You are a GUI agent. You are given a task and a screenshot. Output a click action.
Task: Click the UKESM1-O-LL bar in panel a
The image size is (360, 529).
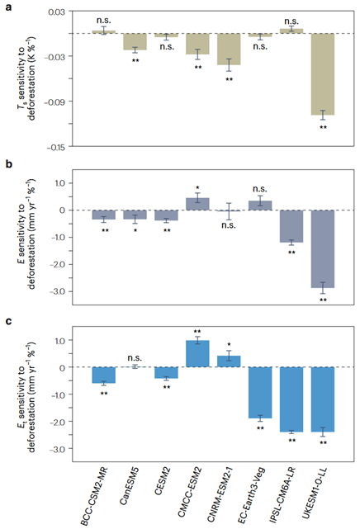(x=323, y=74)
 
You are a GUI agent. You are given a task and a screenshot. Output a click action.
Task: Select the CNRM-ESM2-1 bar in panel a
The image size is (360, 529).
(x=229, y=49)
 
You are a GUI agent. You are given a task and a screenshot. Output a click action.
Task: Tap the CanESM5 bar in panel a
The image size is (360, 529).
(x=135, y=41)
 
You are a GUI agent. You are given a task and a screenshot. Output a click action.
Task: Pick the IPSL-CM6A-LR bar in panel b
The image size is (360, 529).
(x=291, y=226)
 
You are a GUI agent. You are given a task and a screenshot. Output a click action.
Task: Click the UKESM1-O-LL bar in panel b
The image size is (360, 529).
(x=323, y=249)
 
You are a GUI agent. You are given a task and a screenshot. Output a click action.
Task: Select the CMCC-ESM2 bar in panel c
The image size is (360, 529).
(x=197, y=353)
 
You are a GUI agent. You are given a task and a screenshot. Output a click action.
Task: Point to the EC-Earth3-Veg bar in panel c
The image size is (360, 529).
(x=260, y=393)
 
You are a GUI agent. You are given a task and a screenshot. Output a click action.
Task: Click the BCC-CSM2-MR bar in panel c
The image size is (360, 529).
(x=104, y=375)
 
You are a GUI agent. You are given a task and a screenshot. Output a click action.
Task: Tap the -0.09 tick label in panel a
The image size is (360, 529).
(x=55, y=102)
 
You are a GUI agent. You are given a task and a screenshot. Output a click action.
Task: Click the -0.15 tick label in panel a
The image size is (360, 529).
(x=57, y=147)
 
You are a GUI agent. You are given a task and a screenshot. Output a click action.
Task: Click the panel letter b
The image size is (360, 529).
(x=9, y=164)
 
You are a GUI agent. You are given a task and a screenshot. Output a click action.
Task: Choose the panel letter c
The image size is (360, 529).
(x=9, y=321)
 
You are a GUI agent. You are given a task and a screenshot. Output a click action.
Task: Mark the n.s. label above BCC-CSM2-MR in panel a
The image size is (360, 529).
(x=103, y=21)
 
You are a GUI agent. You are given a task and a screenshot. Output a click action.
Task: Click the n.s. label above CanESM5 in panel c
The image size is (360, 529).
(x=135, y=358)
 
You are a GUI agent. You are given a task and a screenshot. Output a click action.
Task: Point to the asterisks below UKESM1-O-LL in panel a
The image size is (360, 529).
(x=323, y=127)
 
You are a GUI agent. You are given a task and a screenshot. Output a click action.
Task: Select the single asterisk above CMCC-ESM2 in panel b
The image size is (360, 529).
(x=197, y=187)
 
